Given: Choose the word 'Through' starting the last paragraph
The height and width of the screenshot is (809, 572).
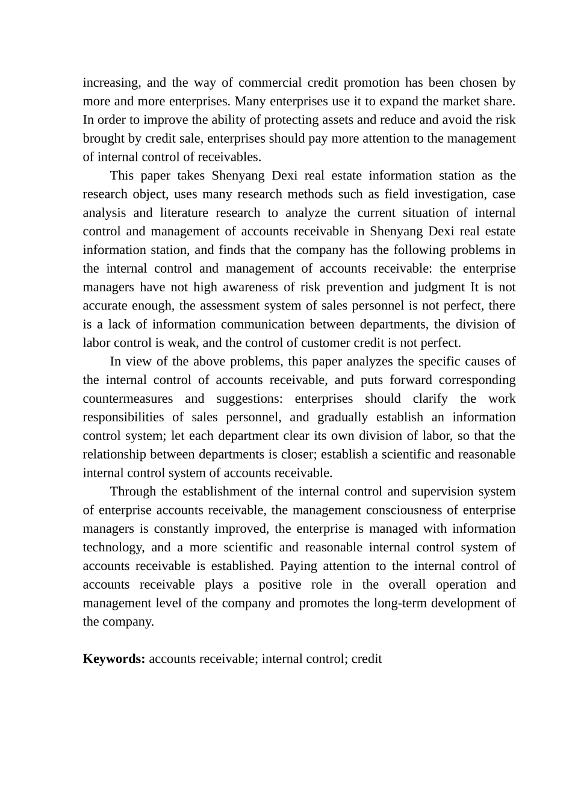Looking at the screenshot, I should tap(132, 491).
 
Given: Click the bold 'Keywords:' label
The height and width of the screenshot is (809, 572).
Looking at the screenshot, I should tap(114, 659).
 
